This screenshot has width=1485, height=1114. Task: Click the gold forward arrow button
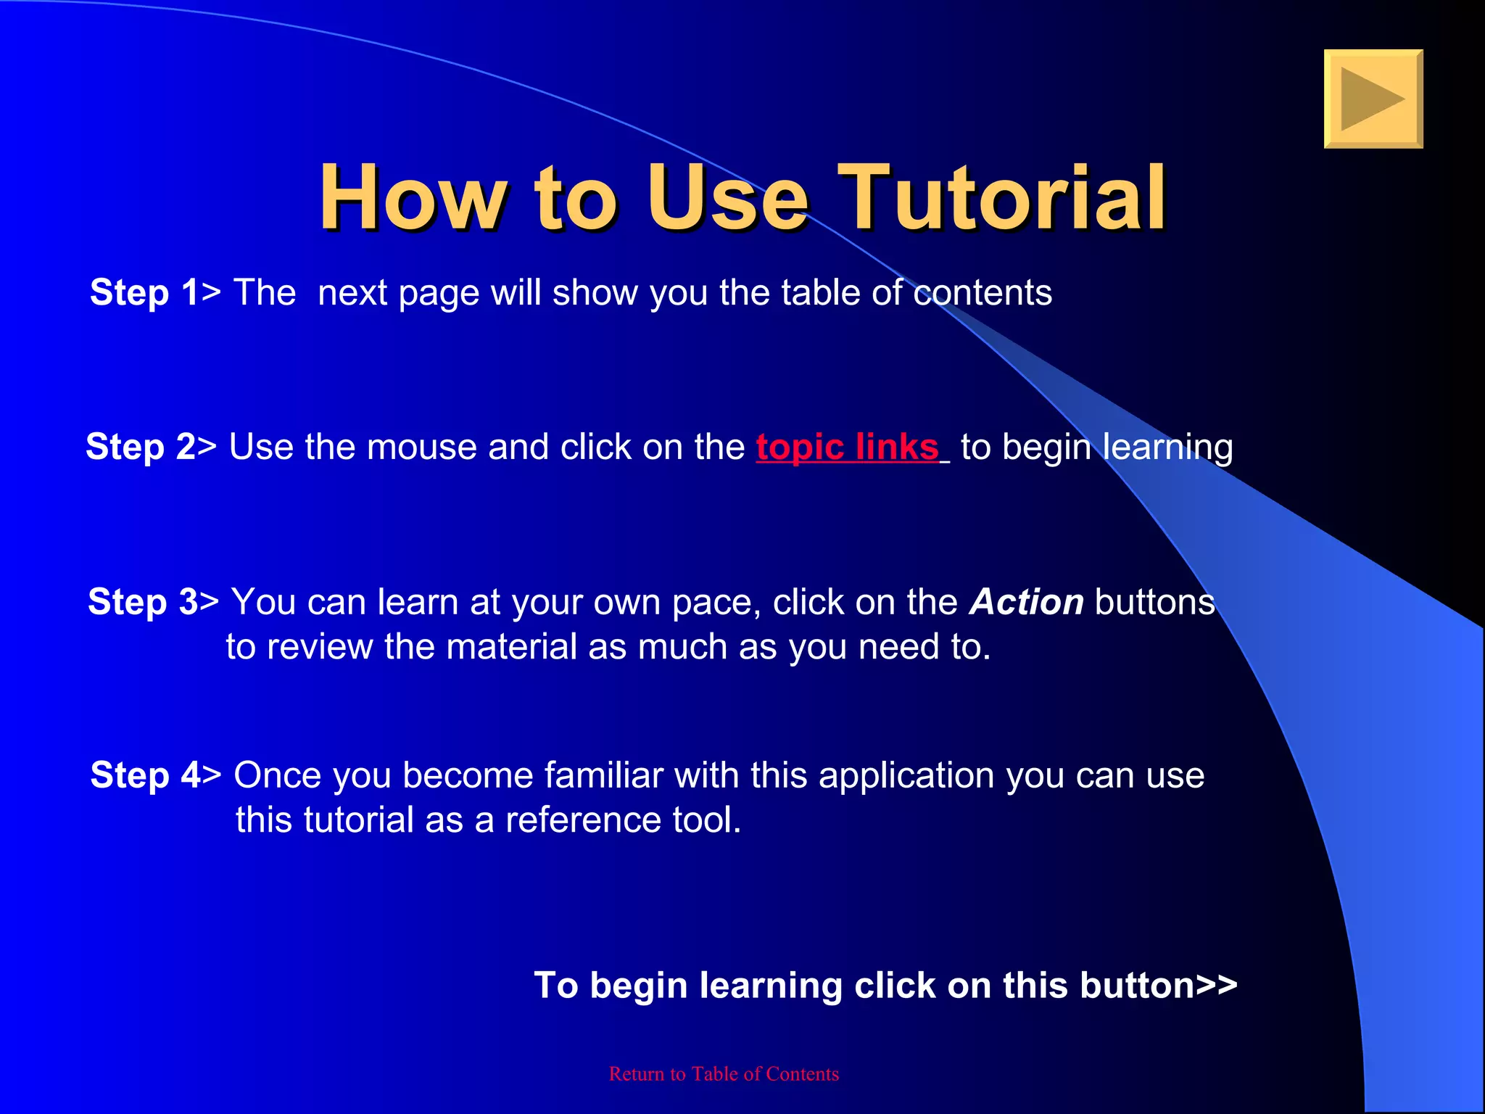coord(1373,99)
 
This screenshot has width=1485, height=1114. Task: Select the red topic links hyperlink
coord(847,447)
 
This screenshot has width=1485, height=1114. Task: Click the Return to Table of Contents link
coord(724,1074)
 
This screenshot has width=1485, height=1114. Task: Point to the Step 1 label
coord(144,293)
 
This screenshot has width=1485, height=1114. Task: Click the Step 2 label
coord(141,447)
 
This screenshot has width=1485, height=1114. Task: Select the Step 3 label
coord(143,602)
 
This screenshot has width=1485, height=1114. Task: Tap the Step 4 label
coord(145,775)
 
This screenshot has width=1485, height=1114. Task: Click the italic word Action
coord(1027,602)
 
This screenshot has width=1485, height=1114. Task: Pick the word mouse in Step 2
coord(421,447)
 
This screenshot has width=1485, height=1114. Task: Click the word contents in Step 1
coord(982,293)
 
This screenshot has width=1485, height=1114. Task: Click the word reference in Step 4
coord(582,820)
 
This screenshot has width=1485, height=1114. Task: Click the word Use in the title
coord(727,197)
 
